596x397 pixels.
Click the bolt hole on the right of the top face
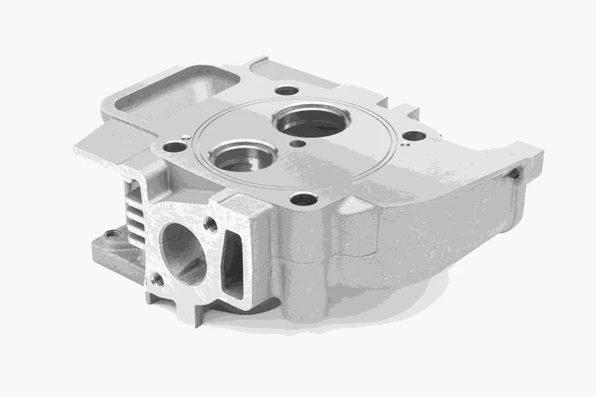[413, 136]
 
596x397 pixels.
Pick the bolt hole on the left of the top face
[174, 147]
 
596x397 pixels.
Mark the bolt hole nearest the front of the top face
[303, 199]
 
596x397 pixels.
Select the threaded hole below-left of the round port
[157, 279]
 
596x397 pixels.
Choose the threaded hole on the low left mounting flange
[112, 234]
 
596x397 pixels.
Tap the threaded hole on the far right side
[513, 173]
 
